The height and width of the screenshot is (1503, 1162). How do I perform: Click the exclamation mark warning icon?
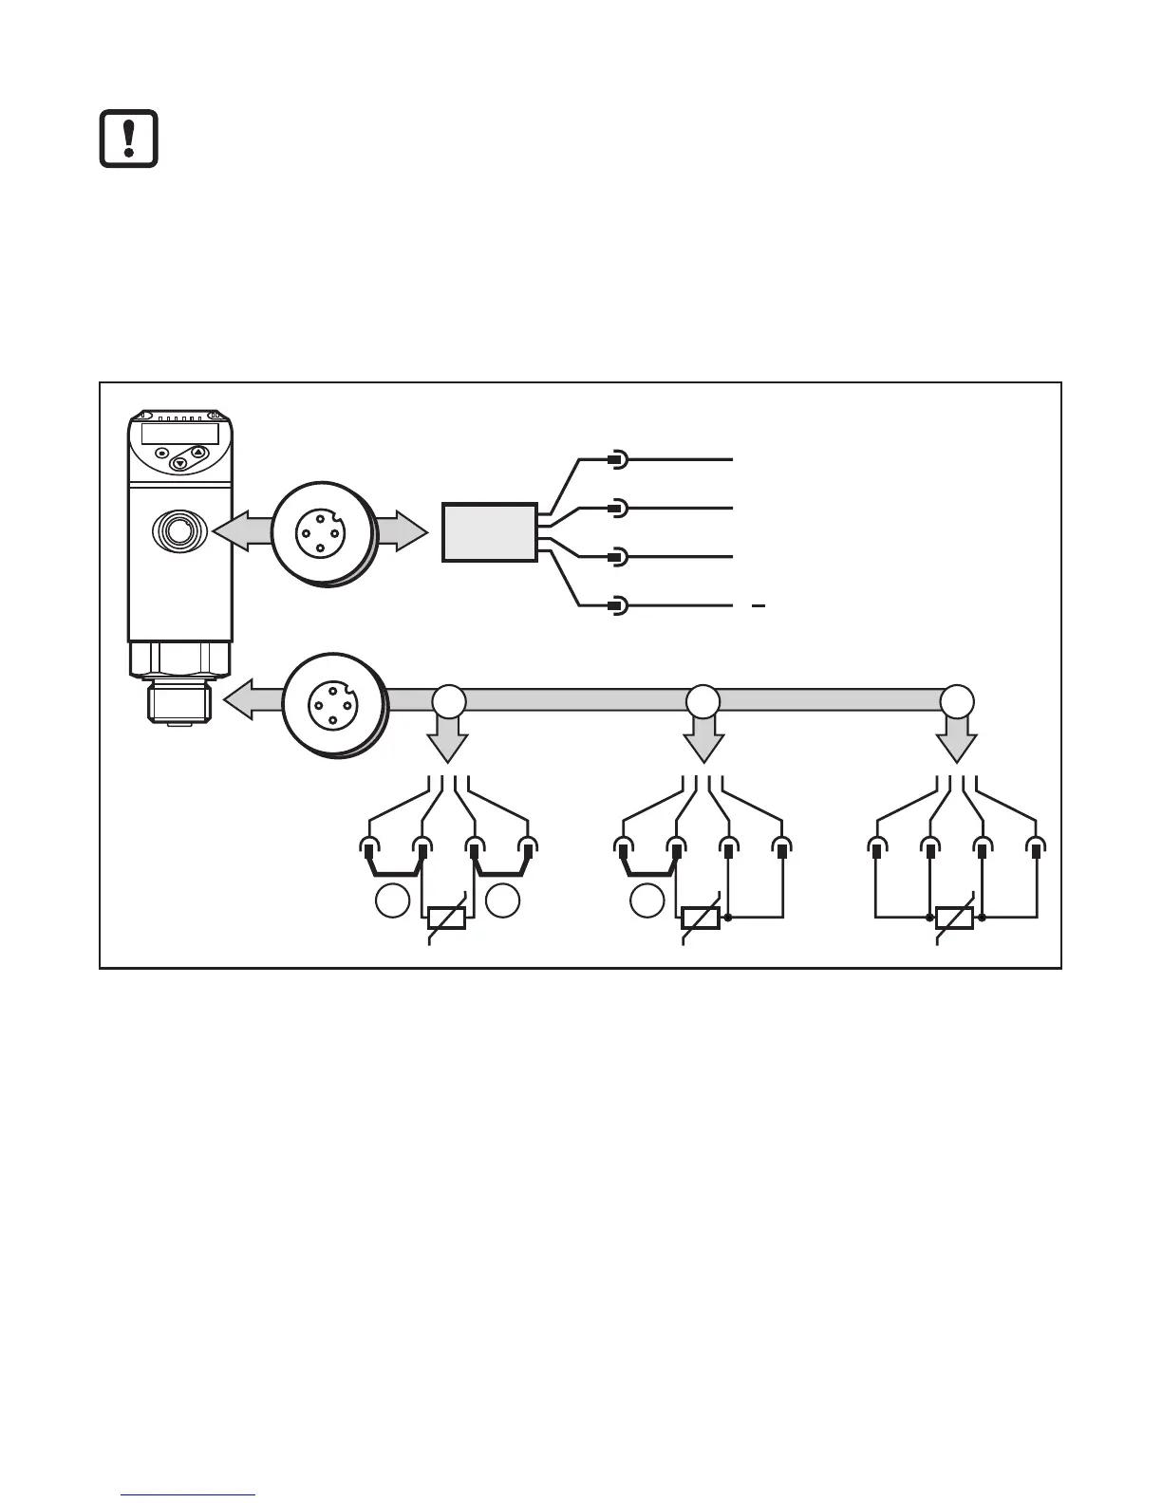[129, 139]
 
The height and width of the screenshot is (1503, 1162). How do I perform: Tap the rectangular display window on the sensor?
[180, 433]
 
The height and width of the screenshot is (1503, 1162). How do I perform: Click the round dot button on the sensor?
[162, 453]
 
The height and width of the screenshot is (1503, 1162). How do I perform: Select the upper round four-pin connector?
[324, 532]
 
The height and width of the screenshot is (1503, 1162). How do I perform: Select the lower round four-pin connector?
[334, 703]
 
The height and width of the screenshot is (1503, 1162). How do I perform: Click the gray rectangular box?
[489, 532]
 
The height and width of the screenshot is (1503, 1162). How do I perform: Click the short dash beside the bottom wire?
[758, 604]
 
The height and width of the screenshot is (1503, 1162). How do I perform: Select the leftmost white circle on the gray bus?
[449, 701]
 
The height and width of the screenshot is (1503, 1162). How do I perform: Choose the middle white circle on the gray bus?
[703, 701]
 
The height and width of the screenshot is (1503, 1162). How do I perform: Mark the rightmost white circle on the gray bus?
[956, 701]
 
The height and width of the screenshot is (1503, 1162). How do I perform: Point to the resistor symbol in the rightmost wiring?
[954, 918]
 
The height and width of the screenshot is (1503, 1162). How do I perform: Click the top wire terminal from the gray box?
[616, 460]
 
